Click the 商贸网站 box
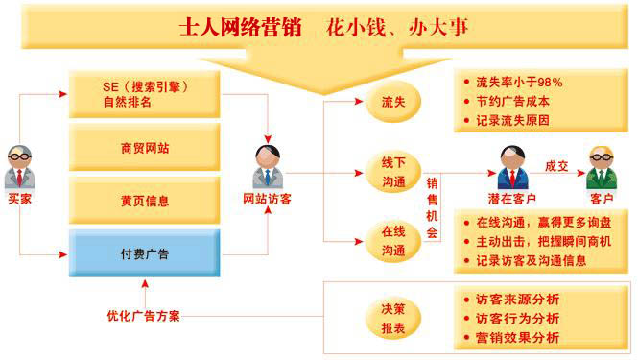click(145, 149)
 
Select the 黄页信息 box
click(145, 201)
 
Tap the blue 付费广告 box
click(145, 253)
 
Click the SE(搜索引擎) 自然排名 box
click(145, 94)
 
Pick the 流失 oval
click(392, 101)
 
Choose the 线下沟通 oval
click(392, 172)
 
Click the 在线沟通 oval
click(392, 239)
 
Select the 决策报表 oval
click(392, 316)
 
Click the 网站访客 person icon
click(266, 167)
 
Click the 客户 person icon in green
click(602, 167)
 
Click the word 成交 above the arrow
click(557, 165)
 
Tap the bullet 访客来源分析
click(517, 299)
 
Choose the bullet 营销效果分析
click(517, 337)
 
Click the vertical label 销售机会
click(433, 205)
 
